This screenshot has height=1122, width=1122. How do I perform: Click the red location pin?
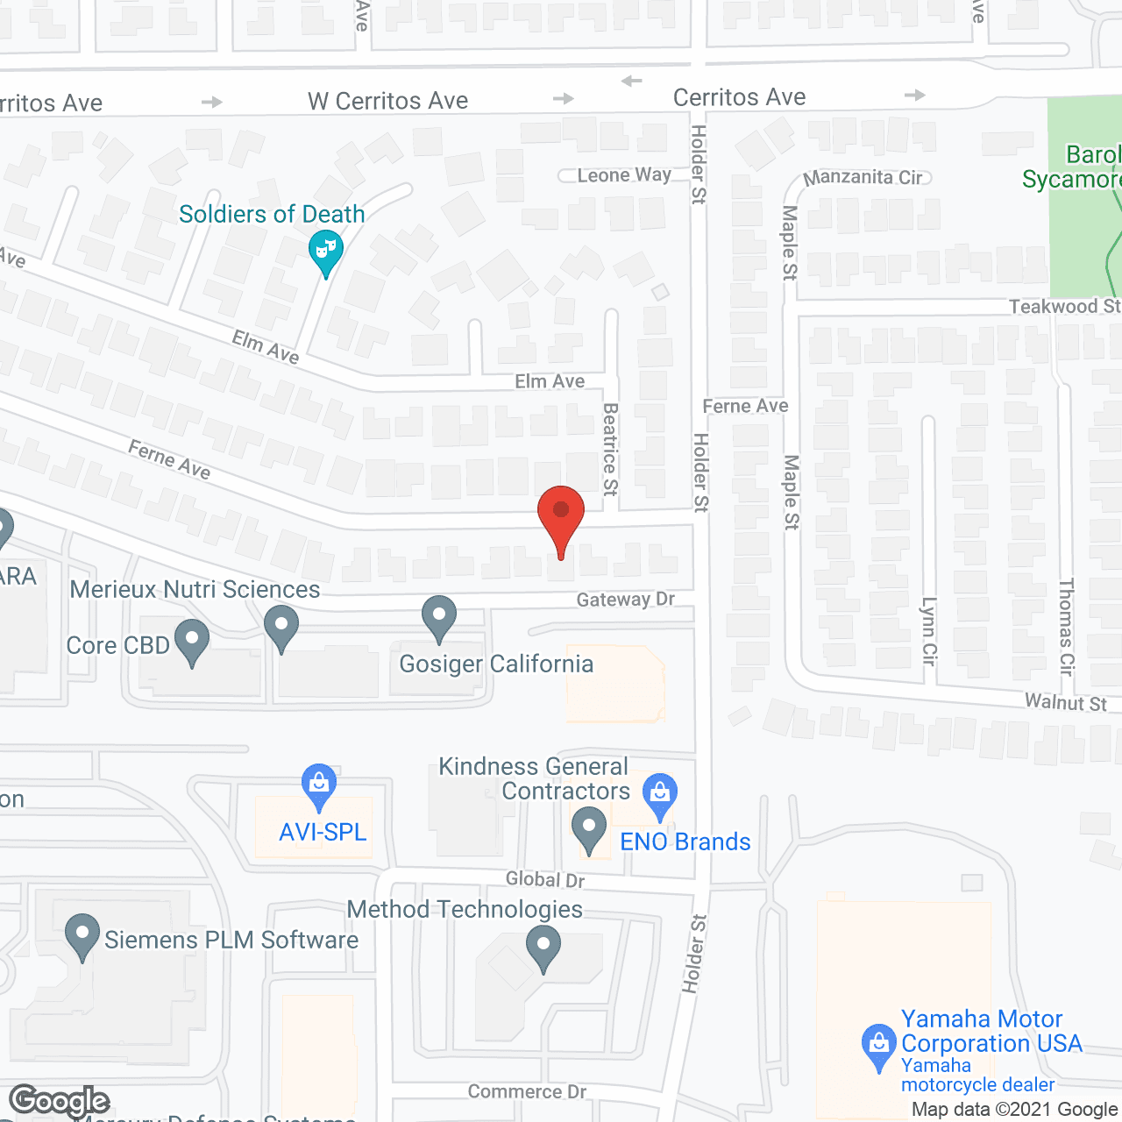[560, 518]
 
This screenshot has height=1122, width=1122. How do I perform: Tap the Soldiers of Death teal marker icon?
[325, 251]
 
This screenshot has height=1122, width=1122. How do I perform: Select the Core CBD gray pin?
[192, 642]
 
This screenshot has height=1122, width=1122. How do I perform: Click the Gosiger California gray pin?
[439, 617]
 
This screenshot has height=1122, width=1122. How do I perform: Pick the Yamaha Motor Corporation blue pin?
[877, 1045]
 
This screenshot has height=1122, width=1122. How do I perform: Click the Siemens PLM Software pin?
[82, 935]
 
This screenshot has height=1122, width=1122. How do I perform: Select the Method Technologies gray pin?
[543, 948]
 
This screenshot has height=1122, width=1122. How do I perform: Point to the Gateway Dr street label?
[625, 600]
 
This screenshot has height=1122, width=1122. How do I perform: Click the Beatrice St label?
[610, 449]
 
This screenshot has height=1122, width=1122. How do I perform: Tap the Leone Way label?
[623, 175]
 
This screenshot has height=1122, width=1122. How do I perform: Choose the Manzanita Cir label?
[863, 177]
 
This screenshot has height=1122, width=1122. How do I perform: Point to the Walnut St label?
[1065, 702]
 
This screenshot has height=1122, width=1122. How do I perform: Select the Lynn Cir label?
[928, 630]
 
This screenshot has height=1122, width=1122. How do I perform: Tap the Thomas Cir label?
[1066, 626]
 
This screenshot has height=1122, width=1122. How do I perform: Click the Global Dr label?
[545, 879]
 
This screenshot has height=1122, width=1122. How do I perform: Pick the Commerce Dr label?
[527, 1091]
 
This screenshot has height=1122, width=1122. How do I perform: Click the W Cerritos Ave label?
[387, 101]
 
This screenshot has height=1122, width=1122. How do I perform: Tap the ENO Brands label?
[685, 841]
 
